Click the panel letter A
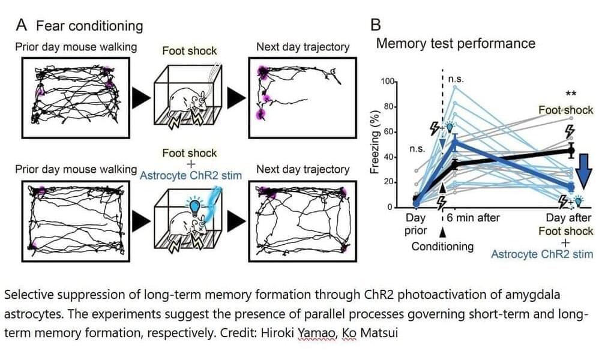[21, 25]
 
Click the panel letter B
[376, 25]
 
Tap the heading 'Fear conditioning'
[89, 26]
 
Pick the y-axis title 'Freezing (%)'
[375, 142]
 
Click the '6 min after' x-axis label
[474, 217]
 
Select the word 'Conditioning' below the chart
[442, 246]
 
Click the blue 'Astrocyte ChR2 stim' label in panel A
[190, 176]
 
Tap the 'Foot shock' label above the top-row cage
[189, 51]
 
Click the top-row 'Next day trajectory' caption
[303, 47]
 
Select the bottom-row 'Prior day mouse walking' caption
[76, 169]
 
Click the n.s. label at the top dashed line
[456, 79]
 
